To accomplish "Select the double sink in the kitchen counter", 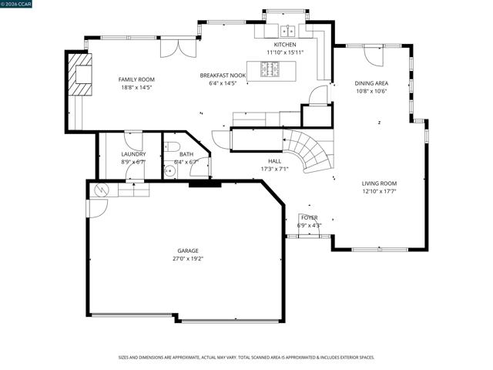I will [289, 31].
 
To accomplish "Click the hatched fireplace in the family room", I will [80, 74].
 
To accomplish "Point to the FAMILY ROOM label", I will [136, 79].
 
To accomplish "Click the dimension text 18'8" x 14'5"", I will [136, 87].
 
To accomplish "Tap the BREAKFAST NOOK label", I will [223, 76].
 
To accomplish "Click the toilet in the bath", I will [174, 146].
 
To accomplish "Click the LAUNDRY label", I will [133, 154].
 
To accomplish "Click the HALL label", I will [274, 161].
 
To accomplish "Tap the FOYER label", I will [309, 218].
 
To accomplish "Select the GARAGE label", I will [188, 251].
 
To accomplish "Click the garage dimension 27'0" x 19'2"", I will [188, 259].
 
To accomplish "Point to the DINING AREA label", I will [371, 83].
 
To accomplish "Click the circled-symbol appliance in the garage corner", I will [99, 189].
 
